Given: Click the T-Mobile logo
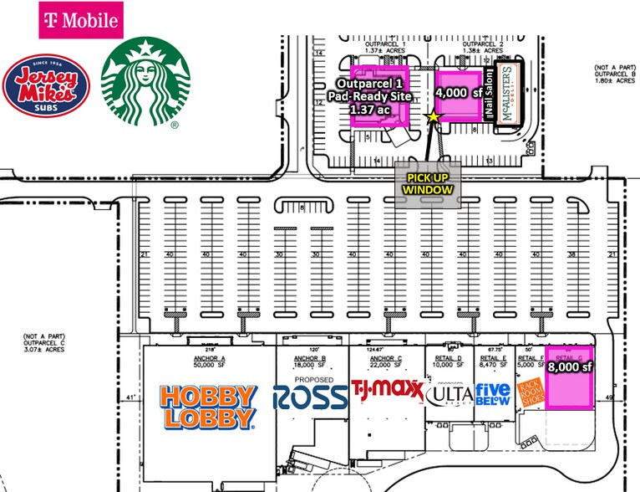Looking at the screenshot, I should click(x=81, y=20).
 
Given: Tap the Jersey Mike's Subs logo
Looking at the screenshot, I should click(x=46, y=86).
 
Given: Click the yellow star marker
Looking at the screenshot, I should click(x=433, y=118).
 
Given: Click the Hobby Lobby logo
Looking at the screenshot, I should click(x=207, y=407).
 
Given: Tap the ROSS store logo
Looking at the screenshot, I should click(x=310, y=397).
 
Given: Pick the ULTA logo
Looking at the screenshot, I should click(x=450, y=393).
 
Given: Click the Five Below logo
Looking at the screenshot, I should click(x=493, y=394).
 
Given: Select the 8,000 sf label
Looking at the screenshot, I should click(x=569, y=366).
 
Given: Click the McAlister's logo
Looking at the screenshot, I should click(x=509, y=93).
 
